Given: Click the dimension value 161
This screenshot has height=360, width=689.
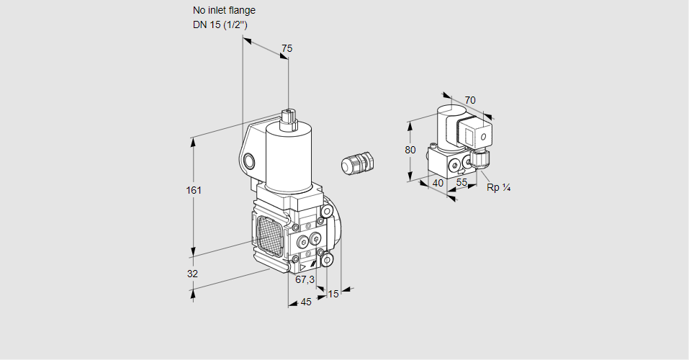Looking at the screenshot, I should point(194,191).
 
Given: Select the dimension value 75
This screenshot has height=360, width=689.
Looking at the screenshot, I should point(287,48).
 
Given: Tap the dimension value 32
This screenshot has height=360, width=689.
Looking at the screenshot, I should point(192,274).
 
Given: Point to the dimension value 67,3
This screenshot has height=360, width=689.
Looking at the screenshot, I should point(305,279).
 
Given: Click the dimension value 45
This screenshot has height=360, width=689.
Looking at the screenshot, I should point(306,302).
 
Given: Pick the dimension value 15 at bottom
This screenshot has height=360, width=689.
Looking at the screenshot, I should point(333,294).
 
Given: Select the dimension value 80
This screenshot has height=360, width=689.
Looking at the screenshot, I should point(410,150).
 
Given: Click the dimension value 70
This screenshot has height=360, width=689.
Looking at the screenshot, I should point(470,100).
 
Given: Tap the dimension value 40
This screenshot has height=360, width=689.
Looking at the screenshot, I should point(438,183).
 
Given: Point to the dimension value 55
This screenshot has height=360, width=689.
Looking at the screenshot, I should point(462,183).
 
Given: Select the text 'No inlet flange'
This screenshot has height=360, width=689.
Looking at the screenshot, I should point(224,11).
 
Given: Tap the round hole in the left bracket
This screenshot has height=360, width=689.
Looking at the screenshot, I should point(249,161).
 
